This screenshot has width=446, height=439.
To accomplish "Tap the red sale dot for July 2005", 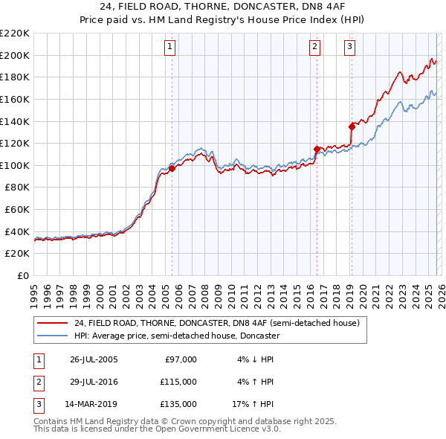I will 172,168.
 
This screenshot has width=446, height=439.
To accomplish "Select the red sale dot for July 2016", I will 317,148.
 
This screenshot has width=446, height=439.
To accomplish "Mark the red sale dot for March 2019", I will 352,126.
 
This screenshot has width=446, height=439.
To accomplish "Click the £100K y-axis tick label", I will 15,165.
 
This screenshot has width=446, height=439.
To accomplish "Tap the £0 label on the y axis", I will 23,275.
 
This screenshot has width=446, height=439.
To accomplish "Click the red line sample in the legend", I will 53,323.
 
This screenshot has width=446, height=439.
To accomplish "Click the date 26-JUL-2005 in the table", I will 94,359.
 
